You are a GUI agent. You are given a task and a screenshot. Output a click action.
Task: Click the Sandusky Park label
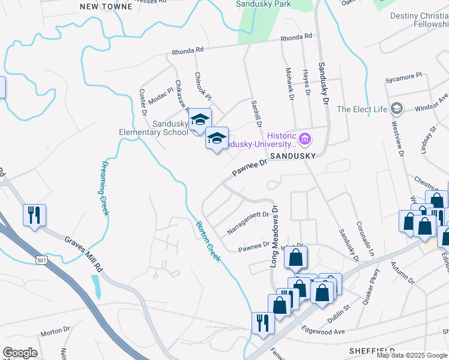[x=264, y=4]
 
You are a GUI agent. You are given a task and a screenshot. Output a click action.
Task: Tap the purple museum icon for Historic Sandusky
[x=305, y=140]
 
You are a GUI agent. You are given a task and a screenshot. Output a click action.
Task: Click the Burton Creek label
[x=208, y=241]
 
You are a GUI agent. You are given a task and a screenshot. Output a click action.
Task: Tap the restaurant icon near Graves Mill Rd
[x=33, y=214]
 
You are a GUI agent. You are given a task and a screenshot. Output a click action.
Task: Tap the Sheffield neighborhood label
[x=371, y=350]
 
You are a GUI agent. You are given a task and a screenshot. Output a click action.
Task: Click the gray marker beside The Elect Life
[x=396, y=109]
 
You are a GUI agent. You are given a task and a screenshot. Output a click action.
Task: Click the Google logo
[x=20, y=353]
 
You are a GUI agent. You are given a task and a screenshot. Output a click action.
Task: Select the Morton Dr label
[x=55, y=333]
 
